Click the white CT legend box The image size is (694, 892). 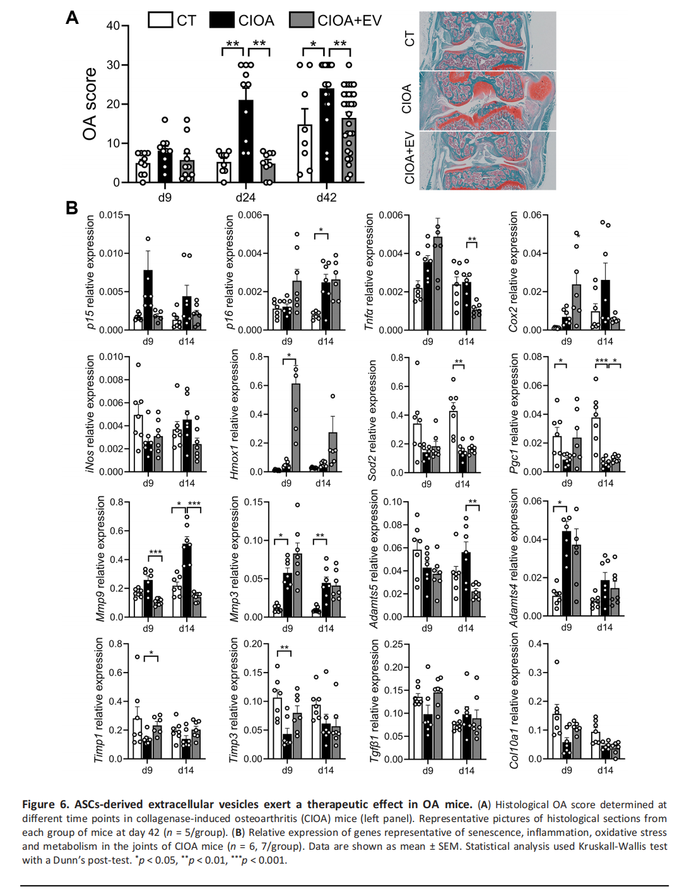tap(160, 20)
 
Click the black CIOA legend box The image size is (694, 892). tap(222, 20)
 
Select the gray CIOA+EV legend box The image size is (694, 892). tap(302, 20)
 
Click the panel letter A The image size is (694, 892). tap(73, 18)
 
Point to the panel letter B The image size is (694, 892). tap(72, 207)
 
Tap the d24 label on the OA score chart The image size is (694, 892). tap(245, 197)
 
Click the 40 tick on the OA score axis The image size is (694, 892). tap(113, 26)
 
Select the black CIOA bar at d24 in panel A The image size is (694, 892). tap(245, 141)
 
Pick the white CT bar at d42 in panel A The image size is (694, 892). tap(305, 154)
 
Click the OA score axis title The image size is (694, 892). tap(90, 104)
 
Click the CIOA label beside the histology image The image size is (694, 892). tap(407, 99)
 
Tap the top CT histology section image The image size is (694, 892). tap(487, 41)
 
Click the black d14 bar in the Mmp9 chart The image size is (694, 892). tap(187, 581)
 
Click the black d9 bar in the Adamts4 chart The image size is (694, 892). tap(567, 574)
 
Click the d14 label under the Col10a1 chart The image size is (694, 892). tap(604, 770)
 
